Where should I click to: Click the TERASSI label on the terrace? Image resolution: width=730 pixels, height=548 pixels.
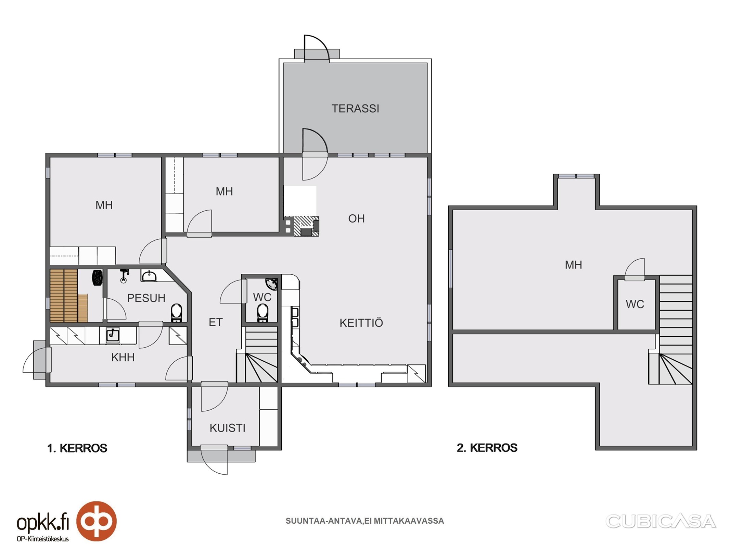click(x=355, y=109)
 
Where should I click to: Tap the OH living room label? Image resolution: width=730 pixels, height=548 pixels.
click(x=356, y=219)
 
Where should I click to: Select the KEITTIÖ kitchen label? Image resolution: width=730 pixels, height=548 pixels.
click(x=361, y=323)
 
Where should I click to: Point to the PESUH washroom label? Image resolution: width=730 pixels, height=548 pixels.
click(x=146, y=298)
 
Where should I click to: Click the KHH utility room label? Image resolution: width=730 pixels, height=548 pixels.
click(x=123, y=358)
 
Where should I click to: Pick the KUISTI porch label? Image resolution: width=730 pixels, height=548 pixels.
click(x=228, y=428)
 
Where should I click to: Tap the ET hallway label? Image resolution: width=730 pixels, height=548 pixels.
click(x=216, y=322)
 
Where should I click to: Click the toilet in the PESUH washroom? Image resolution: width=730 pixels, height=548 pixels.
click(x=176, y=312)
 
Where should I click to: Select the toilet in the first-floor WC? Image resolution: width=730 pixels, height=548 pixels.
click(x=262, y=312)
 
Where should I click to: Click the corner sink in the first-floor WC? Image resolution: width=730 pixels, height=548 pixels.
click(x=272, y=284)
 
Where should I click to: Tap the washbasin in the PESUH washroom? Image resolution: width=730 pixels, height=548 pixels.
click(x=149, y=276)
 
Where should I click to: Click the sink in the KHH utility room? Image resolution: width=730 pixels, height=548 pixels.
click(x=112, y=335)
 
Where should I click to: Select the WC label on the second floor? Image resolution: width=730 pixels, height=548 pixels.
click(x=635, y=304)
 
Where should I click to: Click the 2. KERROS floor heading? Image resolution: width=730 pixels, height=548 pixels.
click(x=487, y=448)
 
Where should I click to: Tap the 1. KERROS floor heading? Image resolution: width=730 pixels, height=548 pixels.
click(x=77, y=448)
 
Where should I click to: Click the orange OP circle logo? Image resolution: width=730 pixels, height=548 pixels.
click(x=96, y=521)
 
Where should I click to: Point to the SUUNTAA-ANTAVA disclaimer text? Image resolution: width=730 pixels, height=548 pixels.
click(x=365, y=521)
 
